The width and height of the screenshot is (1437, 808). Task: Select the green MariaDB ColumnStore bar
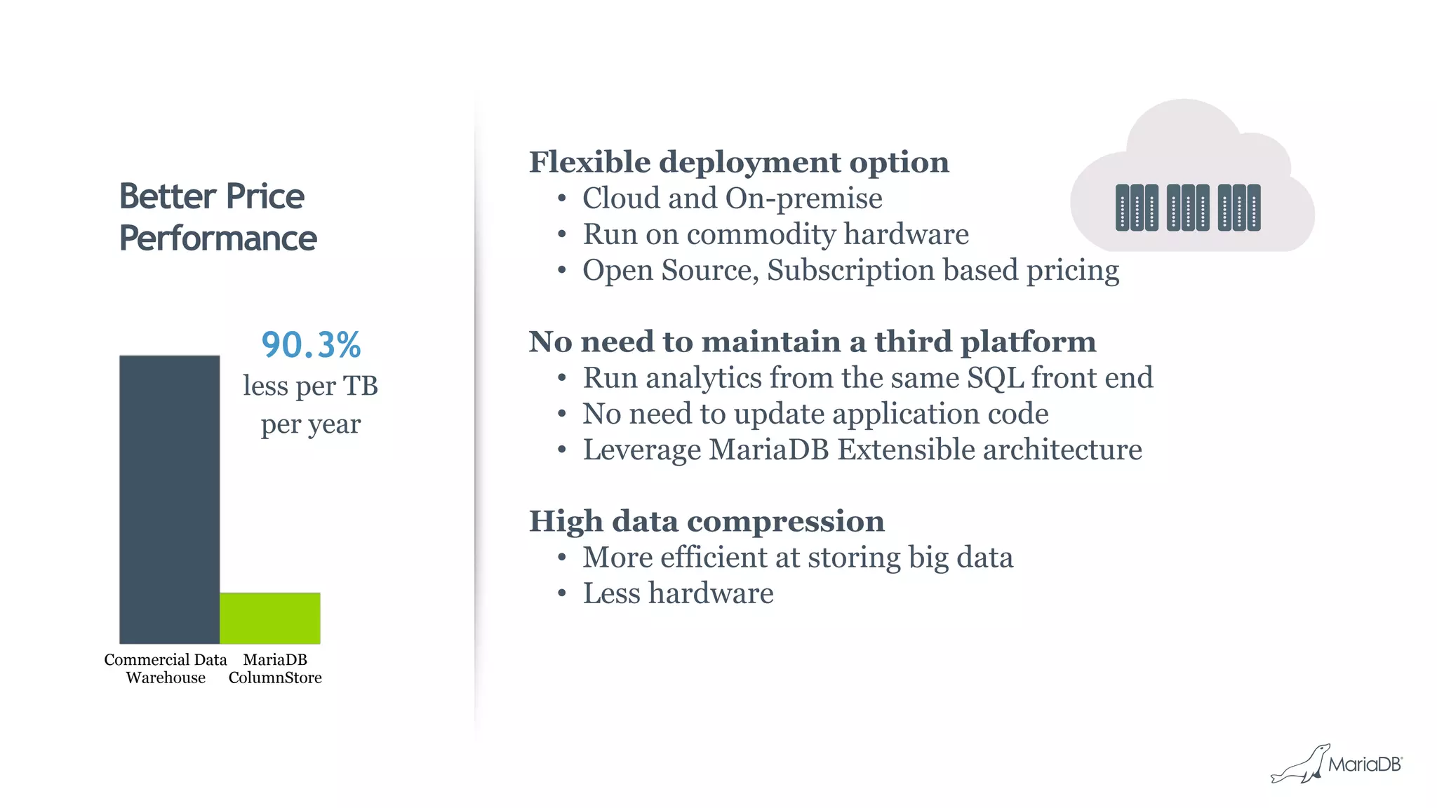pos(270,618)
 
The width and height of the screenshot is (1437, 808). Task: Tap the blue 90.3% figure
pos(311,345)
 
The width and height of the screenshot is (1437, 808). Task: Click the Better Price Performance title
pos(218,217)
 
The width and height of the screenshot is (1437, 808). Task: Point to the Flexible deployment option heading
pos(738,162)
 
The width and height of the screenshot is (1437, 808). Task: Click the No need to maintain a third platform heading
pos(812,342)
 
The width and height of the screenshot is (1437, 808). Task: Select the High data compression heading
pos(706,521)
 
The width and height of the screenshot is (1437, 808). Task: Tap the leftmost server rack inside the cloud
pos(1137,208)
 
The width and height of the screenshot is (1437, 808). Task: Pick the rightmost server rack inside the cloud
pos(1239,208)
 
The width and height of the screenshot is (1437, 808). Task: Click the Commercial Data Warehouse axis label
pos(166,668)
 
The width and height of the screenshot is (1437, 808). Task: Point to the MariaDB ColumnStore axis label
pos(275,668)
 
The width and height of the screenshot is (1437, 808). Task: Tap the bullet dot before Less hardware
pos(561,594)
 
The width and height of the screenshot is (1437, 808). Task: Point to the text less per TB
pos(310,386)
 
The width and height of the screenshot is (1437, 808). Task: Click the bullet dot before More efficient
pos(561,558)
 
